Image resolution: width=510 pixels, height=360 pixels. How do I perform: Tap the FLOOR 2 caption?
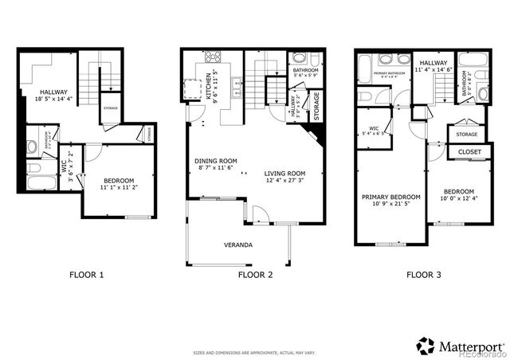click(255, 275)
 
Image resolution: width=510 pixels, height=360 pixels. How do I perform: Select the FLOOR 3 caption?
click(422, 275)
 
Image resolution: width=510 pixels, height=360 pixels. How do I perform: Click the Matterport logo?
click(461, 346)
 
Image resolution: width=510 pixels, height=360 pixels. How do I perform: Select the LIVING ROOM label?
click(285, 173)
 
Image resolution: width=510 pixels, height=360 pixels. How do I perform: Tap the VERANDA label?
click(238, 245)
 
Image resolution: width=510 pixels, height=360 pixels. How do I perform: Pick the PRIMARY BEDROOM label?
click(391, 197)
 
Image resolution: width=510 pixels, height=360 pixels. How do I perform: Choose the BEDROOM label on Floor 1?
click(118, 180)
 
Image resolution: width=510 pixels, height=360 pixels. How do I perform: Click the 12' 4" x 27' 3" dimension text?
click(285, 181)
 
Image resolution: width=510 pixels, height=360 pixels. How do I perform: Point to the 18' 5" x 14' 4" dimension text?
click(53, 100)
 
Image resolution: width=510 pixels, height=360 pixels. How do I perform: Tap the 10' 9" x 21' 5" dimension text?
click(391, 204)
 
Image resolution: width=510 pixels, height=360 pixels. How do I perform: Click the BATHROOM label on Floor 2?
click(305, 70)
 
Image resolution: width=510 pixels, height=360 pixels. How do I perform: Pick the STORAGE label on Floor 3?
click(467, 135)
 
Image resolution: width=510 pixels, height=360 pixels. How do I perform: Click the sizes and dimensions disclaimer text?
click(255, 352)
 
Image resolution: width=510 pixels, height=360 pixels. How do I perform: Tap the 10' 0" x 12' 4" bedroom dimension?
click(459, 198)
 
